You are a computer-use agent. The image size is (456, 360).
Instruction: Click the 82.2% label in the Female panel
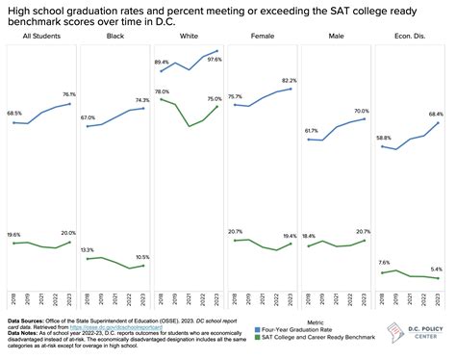(283, 81)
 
